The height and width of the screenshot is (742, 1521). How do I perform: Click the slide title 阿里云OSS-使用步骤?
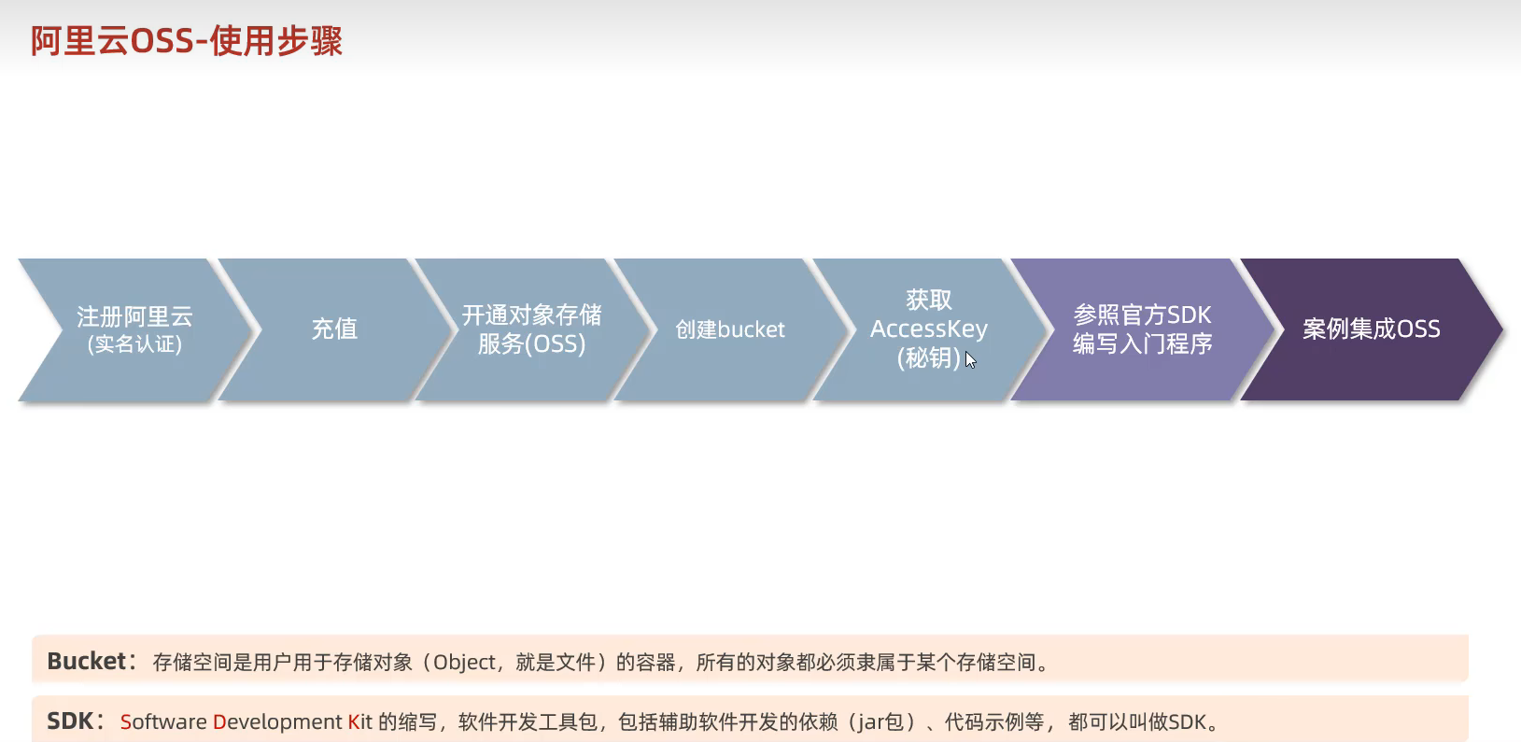pyautogui.click(x=187, y=41)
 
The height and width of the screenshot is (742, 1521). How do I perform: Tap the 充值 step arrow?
pyautogui.click(x=334, y=329)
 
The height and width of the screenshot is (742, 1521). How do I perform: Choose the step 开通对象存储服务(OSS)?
pyautogui.click(x=531, y=329)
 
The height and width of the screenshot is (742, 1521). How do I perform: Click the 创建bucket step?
pyautogui.click(x=730, y=329)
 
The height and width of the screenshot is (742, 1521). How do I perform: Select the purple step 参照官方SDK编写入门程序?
pyautogui.click(x=1142, y=329)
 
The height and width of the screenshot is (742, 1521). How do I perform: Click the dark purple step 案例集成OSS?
pyautogui.click(x=1371, y=329)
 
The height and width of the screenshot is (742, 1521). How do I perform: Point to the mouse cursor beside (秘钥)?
pyautogui.click(x=970, y=360)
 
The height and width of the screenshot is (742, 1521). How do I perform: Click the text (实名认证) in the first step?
pyautogui.click(x=134, y=344)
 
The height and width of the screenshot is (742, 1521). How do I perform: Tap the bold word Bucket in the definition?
pyautogui.click(x=86, y=661)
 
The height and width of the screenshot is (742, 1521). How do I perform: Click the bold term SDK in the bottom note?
pyautogui.click(x=70, y=721)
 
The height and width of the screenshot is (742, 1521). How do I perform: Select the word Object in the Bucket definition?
pyautogui.click(x=464, y=663)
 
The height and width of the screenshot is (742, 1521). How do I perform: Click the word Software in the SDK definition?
pyautogui.click(x=163, y=722)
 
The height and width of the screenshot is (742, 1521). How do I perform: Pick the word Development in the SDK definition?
pyautogui.click(x=277, y=722)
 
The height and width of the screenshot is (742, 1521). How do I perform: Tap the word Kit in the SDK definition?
pyautogui.click(x=360, y=722)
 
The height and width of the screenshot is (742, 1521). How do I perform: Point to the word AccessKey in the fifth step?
pyautogui.click(x=928, y=329)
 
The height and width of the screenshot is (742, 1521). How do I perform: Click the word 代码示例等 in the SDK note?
pyautogui.click(x=993, y=722)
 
